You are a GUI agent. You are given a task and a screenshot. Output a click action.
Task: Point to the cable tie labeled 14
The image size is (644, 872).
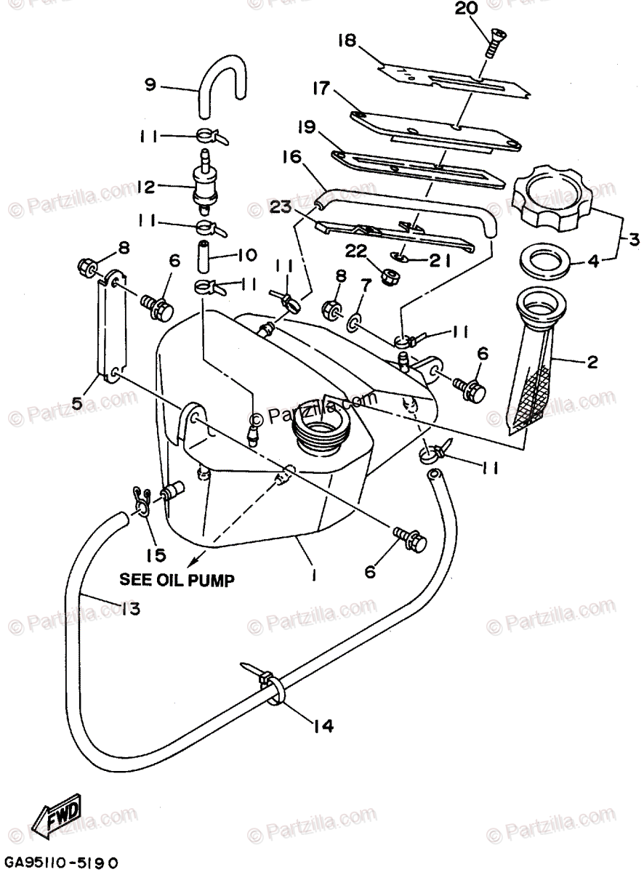tap(268, 686)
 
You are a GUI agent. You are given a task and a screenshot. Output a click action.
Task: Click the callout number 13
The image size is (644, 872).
tap(132, 610)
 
